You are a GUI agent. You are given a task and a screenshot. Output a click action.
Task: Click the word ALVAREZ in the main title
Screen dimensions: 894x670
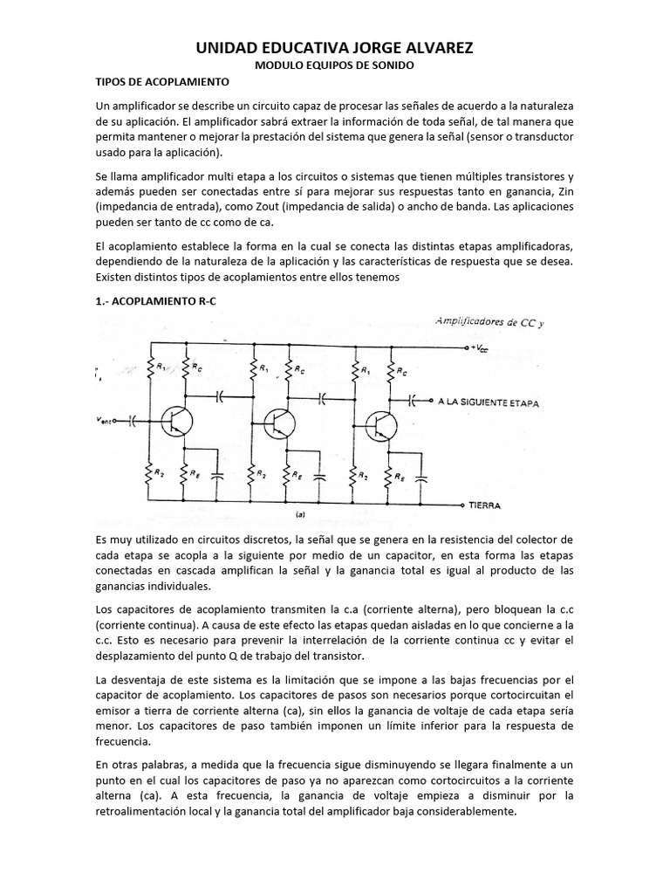pos(423,49)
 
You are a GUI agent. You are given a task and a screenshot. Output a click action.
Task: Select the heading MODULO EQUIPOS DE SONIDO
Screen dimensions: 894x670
pos(335,66)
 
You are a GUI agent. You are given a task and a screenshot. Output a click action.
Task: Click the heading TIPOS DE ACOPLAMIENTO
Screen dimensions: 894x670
pos(161,82)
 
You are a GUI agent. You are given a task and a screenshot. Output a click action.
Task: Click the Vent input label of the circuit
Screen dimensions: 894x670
pos(108,420)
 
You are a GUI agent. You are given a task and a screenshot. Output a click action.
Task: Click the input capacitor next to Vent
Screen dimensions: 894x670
pos(133,421)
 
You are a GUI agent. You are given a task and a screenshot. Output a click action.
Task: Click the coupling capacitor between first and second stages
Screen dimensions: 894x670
pos(220,395)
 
